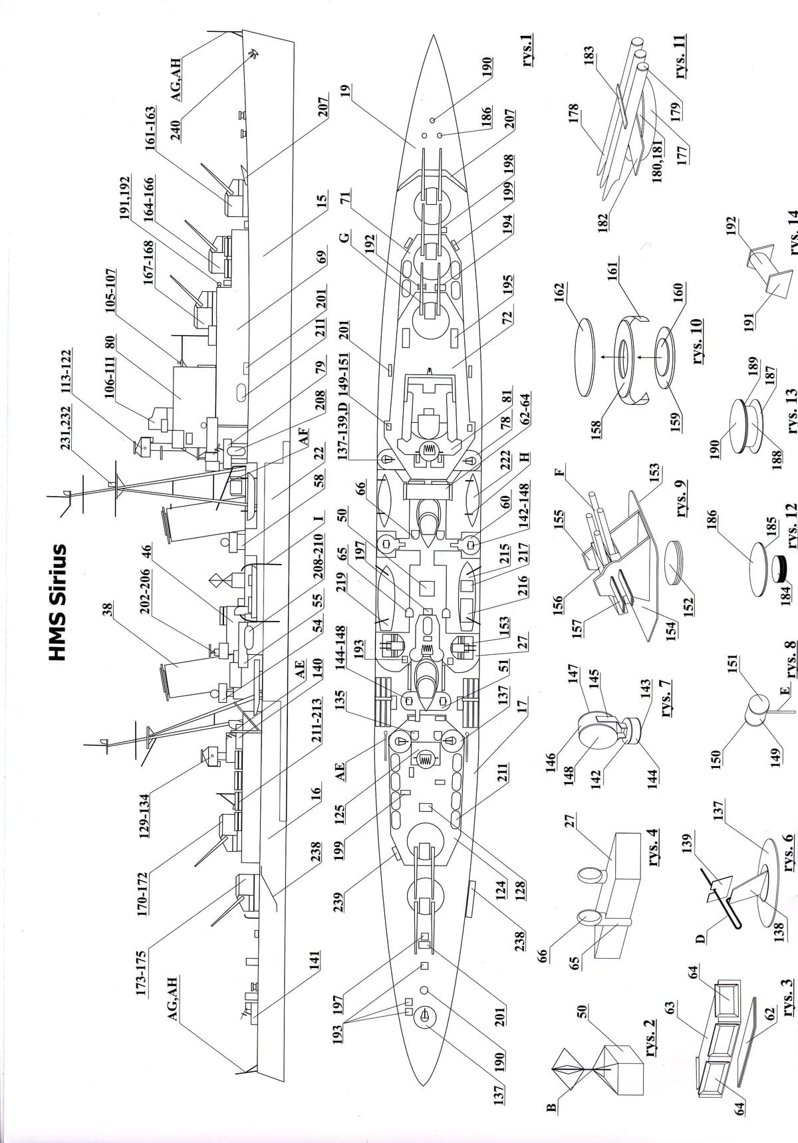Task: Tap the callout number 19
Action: [346, 91]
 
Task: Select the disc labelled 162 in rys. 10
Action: [585, 356]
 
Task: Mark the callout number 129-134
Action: [149, 812]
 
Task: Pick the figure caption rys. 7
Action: [665, 697]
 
